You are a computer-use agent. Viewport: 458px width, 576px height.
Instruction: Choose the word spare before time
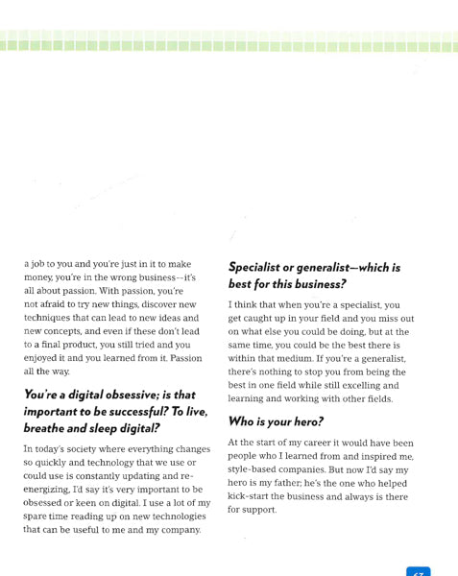[x=38, y=516]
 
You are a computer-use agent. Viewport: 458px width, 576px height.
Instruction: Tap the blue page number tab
[x=418, y=570]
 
